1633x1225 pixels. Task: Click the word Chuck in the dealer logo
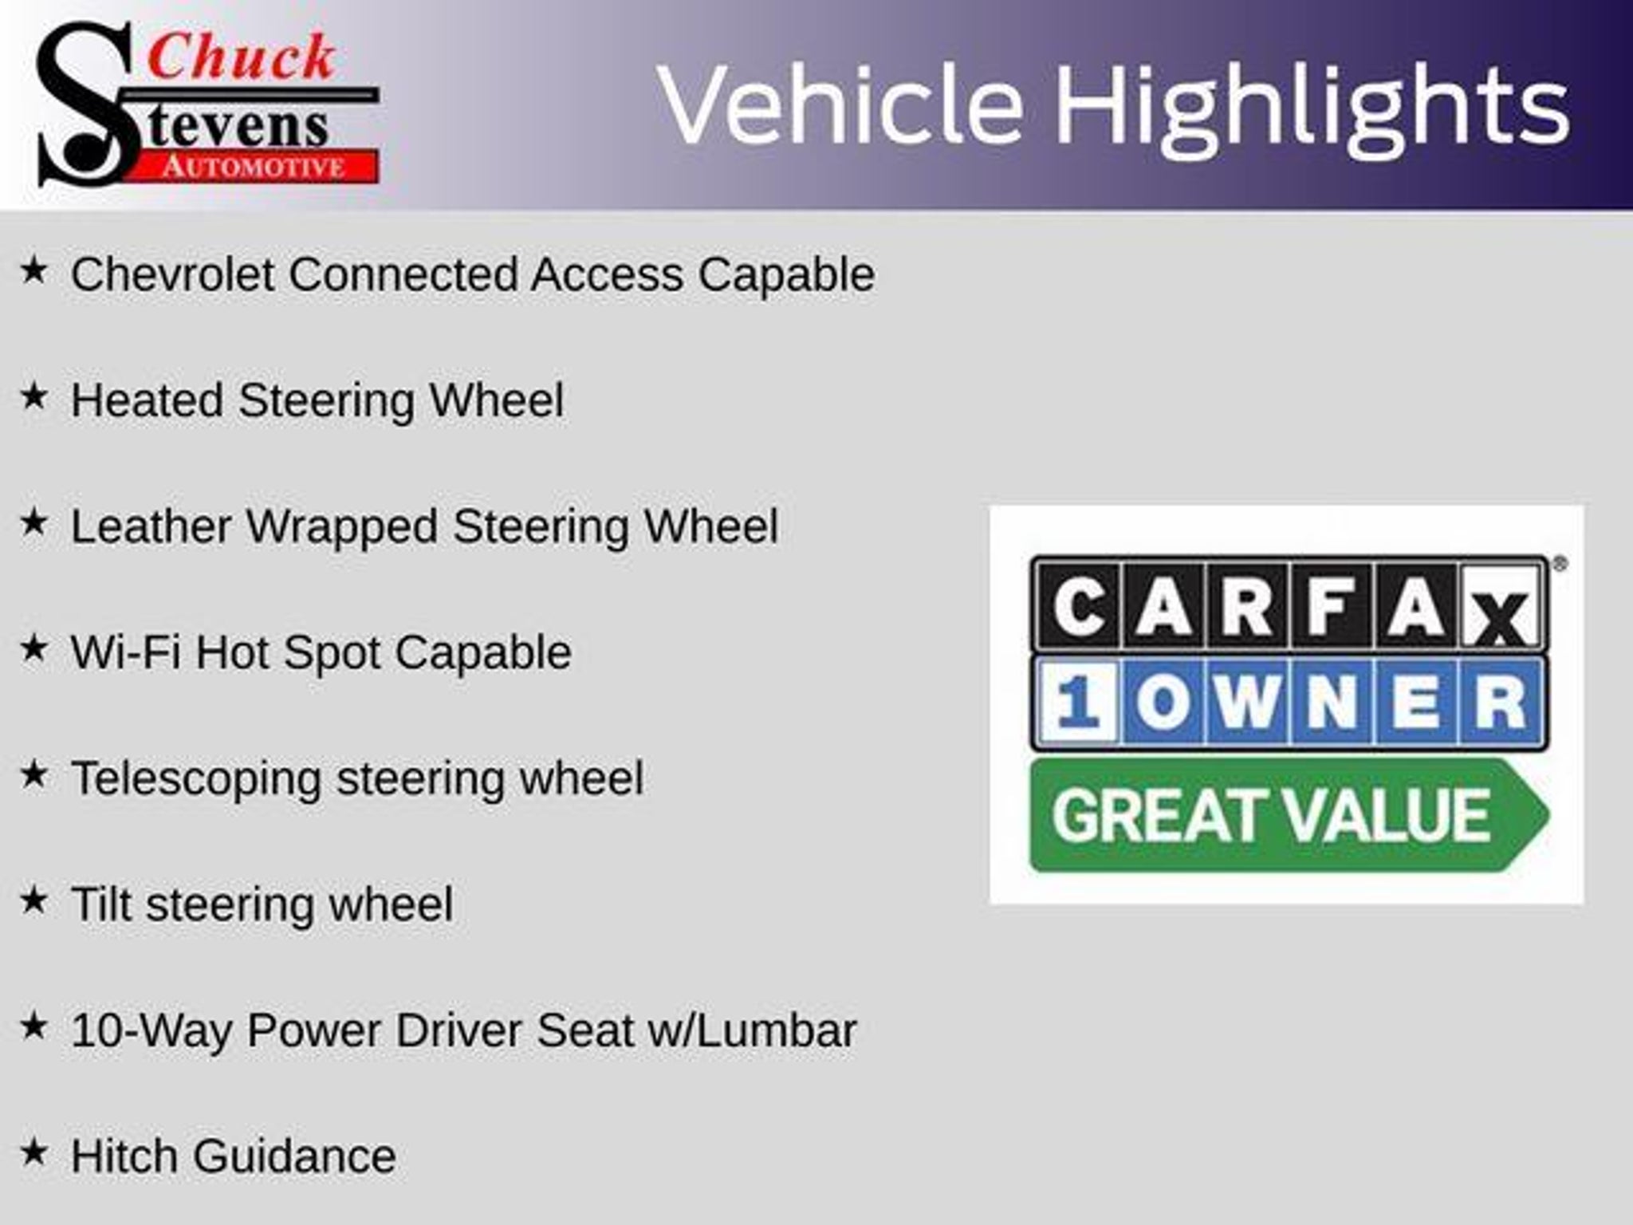(x=241, y=57)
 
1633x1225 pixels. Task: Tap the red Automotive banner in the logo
(x=255, y=167)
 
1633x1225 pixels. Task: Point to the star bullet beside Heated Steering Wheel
(x=33, y=396)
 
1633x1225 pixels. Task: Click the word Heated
(x=147, y=400)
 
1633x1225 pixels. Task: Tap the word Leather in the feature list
(x=151, y=526)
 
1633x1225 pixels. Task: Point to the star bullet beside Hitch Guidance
(x=33, y=1152)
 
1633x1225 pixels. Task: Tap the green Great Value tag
(x=1289, y=815)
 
